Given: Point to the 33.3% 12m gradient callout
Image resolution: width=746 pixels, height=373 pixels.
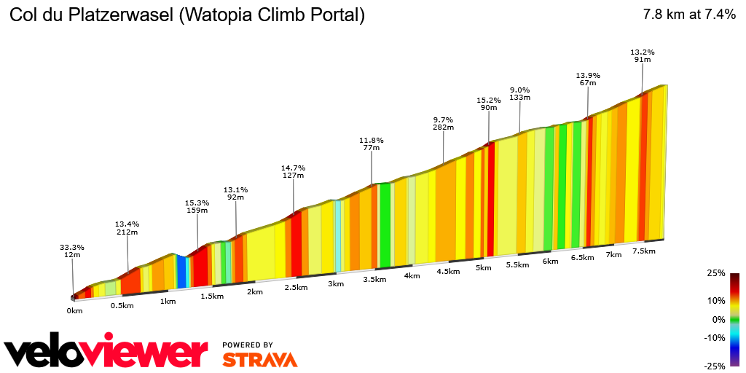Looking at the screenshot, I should [71, 251].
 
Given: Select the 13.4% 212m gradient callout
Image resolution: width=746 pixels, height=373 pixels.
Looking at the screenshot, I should [127, 228].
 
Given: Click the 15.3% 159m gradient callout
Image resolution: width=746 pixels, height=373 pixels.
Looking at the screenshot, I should [197, 207].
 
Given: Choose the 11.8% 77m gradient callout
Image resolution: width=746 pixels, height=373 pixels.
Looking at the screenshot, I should [372, 144].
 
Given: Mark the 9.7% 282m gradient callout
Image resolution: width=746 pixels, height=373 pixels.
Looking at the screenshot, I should [443, 123].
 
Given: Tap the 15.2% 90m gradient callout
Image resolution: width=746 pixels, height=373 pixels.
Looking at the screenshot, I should [488, 104].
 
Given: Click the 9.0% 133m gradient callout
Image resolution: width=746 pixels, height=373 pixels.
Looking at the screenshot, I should [519, 94].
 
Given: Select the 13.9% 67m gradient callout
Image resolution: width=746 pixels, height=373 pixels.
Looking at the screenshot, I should [587, 79].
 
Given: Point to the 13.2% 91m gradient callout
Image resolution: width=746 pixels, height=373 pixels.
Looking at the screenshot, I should [643, 56].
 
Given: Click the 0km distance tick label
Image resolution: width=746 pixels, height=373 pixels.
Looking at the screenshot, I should [74, 310].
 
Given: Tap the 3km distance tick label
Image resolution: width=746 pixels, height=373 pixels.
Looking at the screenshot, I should [336, 283].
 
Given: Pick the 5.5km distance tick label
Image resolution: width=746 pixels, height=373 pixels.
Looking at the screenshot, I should [517, 264].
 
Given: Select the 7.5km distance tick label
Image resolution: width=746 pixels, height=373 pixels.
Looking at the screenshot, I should [644, 251].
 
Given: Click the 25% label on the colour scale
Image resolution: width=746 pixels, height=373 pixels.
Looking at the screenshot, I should [716, 273].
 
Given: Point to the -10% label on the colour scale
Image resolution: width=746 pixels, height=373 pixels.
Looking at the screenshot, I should [715, 337].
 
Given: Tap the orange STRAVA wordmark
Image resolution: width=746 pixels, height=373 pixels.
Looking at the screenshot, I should [259, 359].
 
